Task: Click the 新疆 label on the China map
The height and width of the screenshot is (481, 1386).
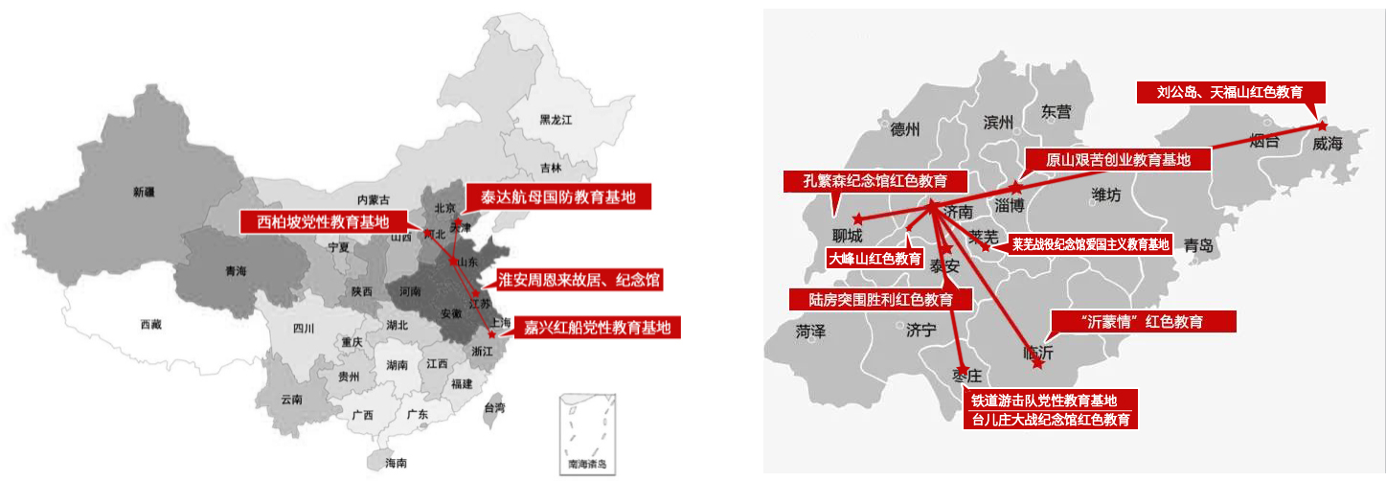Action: tap(143, 192)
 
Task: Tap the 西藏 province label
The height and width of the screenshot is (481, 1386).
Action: tap(150, 325)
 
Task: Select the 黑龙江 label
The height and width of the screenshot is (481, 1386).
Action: tap(555, 120)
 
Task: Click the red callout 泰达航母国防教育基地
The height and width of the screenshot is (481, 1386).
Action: tap(557, 197)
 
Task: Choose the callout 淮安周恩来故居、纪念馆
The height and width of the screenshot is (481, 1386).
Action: tap(579, 279)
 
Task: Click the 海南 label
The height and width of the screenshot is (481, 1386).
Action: tap(396, 463)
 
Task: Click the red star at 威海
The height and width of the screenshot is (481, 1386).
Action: tap(1322, 126)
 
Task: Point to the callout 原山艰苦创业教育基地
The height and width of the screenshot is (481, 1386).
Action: tap(1118, 160)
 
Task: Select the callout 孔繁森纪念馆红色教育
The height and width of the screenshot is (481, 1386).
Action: tap(875, 181)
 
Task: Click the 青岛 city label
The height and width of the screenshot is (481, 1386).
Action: tap(1198, 245)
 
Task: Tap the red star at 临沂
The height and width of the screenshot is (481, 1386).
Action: tap(1037, 364)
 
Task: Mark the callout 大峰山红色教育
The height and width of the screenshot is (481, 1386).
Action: tap(875, 258)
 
